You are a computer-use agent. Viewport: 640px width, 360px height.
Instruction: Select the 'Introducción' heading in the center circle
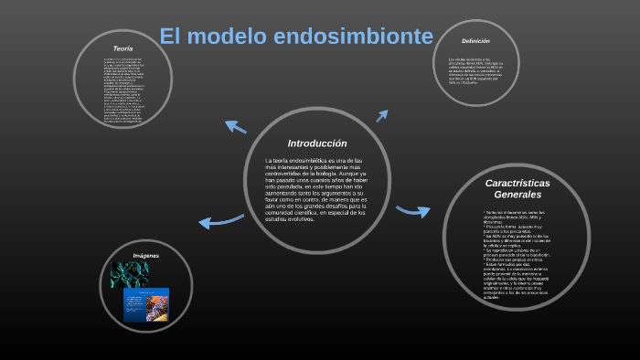click(x=317, y=143)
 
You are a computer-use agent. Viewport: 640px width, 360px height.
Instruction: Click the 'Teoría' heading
click(x=123, y=48)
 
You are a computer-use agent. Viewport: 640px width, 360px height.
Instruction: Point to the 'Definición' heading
click(x=476, y=41)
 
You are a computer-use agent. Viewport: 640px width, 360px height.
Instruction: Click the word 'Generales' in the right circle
click(x=517, y=195)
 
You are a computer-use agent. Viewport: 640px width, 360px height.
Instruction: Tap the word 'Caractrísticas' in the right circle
click(x=517, y=183)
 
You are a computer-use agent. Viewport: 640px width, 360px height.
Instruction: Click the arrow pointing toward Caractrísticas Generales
click(x=413, y=211)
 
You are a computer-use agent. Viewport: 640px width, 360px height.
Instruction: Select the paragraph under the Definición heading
click(x=475, y=70)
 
